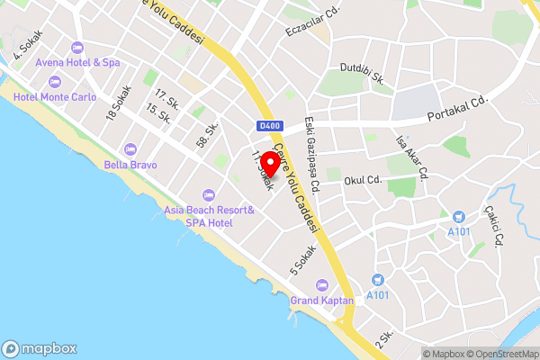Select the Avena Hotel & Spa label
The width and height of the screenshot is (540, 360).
77,63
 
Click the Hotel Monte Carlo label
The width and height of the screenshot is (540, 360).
54,96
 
